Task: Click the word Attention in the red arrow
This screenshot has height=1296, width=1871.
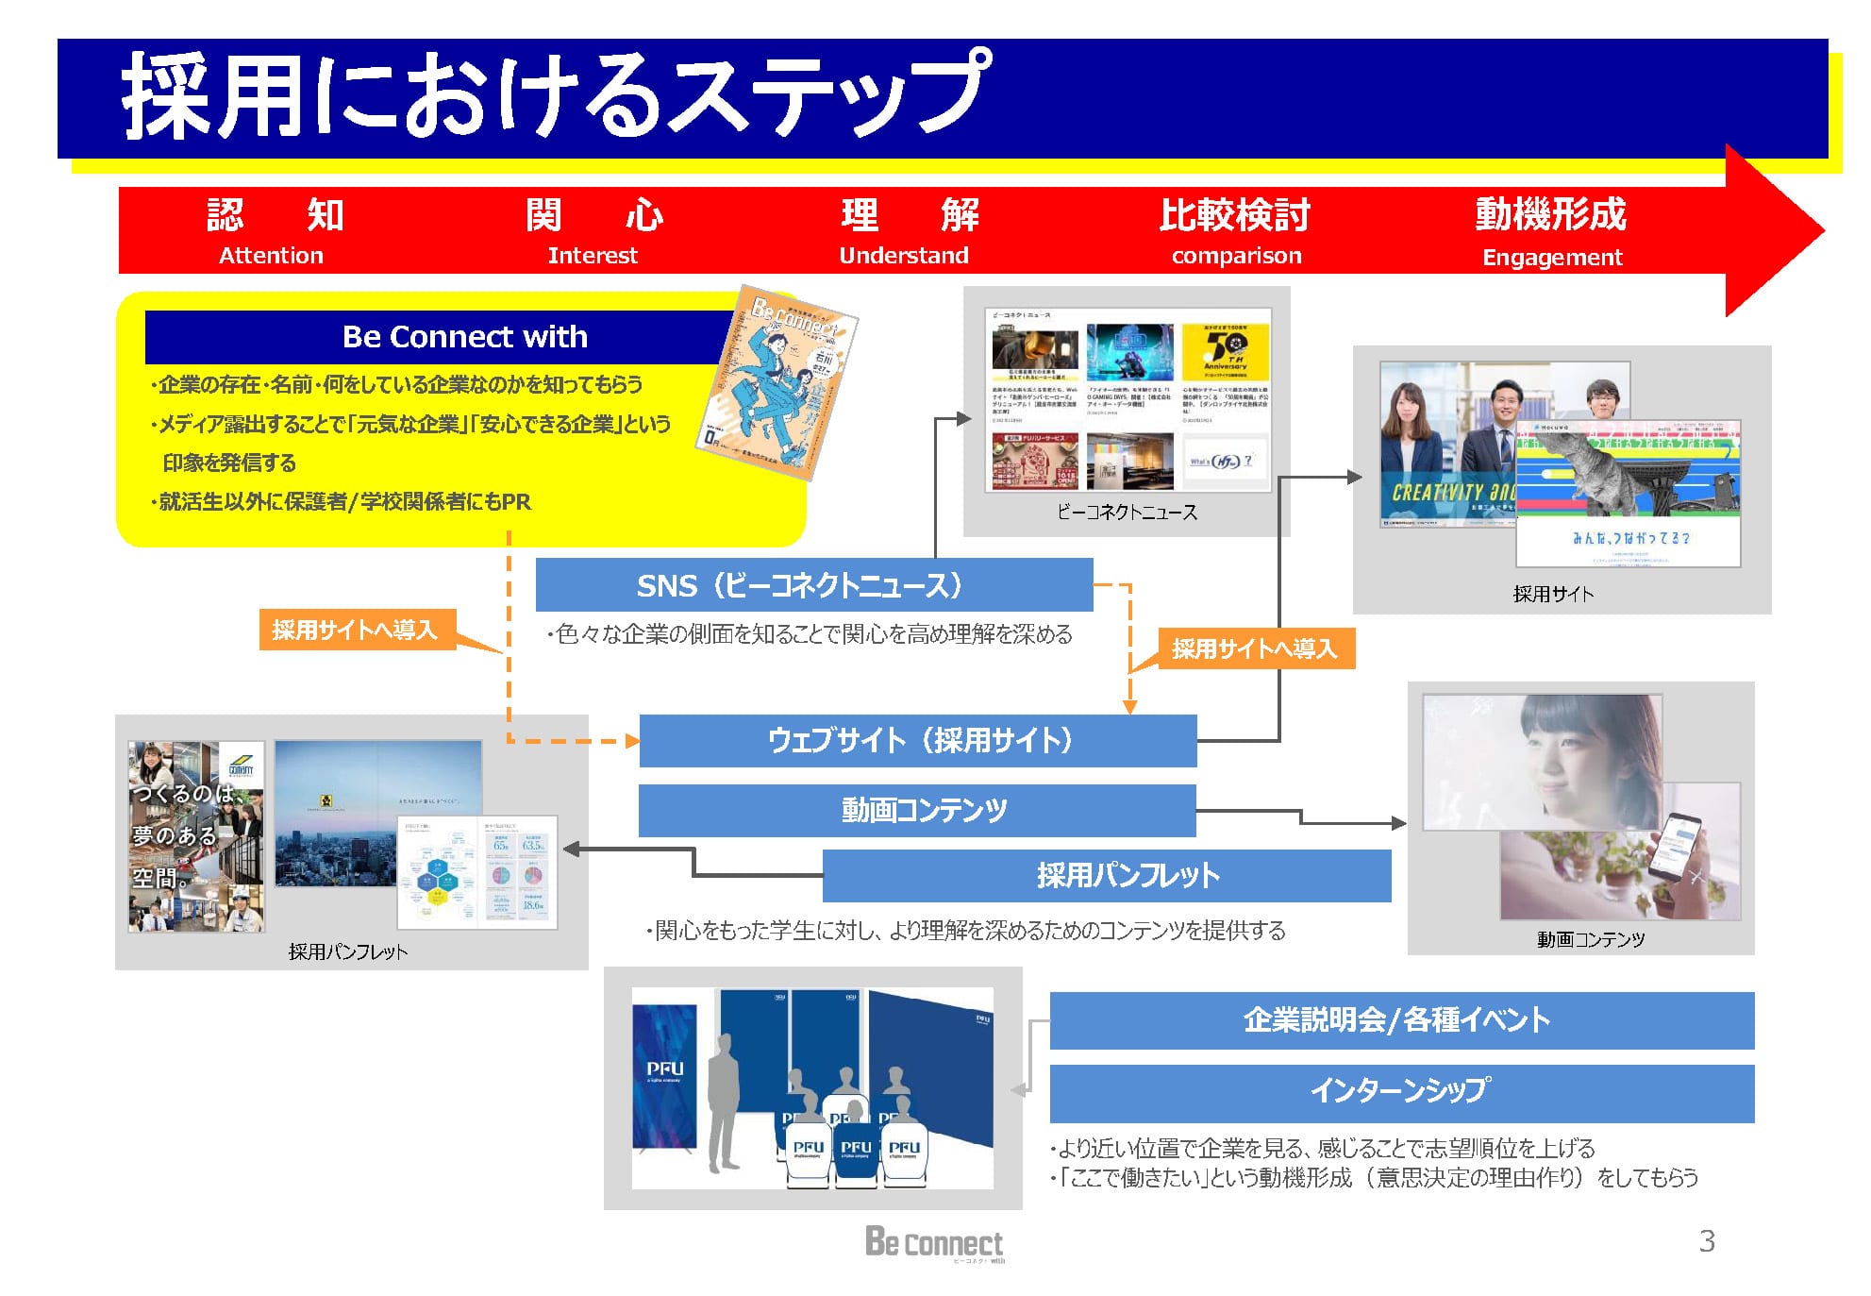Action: click(271, 256)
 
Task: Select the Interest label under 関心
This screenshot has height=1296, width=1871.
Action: click(593, 256)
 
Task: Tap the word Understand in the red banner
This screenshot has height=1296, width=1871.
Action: click(903, 256)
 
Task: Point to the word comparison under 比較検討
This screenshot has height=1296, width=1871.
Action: click(1236, 256)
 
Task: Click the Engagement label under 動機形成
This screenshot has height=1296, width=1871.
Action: click(1552, 258)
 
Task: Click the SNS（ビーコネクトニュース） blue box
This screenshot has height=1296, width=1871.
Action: click(813, 585)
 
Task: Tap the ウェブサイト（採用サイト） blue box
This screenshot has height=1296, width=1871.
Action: click(918, 741)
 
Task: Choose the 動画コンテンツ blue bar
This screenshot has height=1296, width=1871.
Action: click(917, 810)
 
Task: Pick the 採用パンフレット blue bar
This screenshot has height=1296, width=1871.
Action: click(1106, 876)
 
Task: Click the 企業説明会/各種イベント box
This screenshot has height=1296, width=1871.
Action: click(1401, 1020)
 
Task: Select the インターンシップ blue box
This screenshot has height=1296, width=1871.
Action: click(1401, 1092)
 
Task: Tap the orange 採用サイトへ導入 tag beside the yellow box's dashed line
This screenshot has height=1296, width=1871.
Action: click(355, 630)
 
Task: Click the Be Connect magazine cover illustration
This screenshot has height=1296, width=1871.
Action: click(777, 382)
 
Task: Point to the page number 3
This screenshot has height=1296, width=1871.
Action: click(1706, 1241)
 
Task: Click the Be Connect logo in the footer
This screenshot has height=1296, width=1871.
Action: click(934, 1243)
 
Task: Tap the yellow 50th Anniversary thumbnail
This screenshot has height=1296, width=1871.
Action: click(1225, 352)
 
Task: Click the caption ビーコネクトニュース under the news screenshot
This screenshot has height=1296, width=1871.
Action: click(1127, 513)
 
